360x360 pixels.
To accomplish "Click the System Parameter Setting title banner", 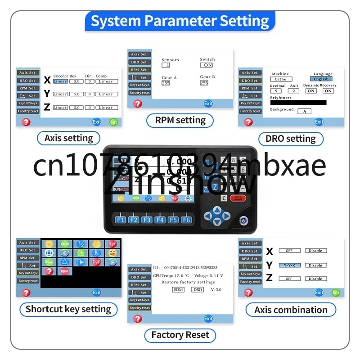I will click(180, 21).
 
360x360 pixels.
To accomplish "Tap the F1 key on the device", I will click(121, 220).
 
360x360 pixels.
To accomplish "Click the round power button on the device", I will click(243, 221).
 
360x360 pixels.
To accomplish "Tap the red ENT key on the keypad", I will click(238, 198).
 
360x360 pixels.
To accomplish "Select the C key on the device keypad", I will click(224, 198).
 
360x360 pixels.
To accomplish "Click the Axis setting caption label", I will click(68, 138).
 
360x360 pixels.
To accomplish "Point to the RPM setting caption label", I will click(180, 120).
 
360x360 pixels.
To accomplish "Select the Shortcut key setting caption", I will click(68, 309).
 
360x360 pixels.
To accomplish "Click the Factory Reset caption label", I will click(180, 335).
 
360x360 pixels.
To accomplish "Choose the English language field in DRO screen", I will click(321, 79).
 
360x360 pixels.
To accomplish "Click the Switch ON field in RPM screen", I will click(207, 65).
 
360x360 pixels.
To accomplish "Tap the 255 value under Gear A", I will click(166, 83).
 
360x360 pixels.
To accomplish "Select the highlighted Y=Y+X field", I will click(289, 265).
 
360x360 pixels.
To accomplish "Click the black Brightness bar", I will click(298, 103).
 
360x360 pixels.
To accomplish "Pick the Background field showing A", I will click(304, 111).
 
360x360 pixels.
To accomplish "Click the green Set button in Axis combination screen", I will click(336, 292).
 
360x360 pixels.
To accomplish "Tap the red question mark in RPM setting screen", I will click(138, 103).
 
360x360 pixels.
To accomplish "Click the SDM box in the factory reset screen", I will click(178, 289).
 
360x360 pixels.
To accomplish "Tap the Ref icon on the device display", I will click(175, 198).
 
